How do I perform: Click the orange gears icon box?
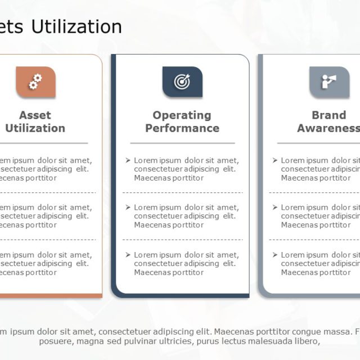coord(35,82)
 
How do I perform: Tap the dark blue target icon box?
coord(182,82)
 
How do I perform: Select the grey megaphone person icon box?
coord(328,82)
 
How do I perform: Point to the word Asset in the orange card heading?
coord(35,115)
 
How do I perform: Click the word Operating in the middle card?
coord(182,115)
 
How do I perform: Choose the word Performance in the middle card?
coord(182,128)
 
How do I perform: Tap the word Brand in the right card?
coord(329,115)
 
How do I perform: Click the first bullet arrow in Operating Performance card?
coord(128,160)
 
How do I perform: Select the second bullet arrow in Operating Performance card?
coord(128,208)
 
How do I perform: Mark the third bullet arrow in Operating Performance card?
coord(128,255)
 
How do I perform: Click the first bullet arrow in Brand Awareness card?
coord(275,160)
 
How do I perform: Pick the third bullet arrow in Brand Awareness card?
coord(275,255)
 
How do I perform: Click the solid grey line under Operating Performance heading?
coord(182,143)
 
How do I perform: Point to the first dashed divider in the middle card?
coord(182,192)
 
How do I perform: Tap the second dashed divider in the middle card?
coord(182,240)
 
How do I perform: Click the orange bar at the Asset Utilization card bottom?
coord(51,295)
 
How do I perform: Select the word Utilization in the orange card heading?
coord(35,128)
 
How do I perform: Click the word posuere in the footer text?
coord(54,341)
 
